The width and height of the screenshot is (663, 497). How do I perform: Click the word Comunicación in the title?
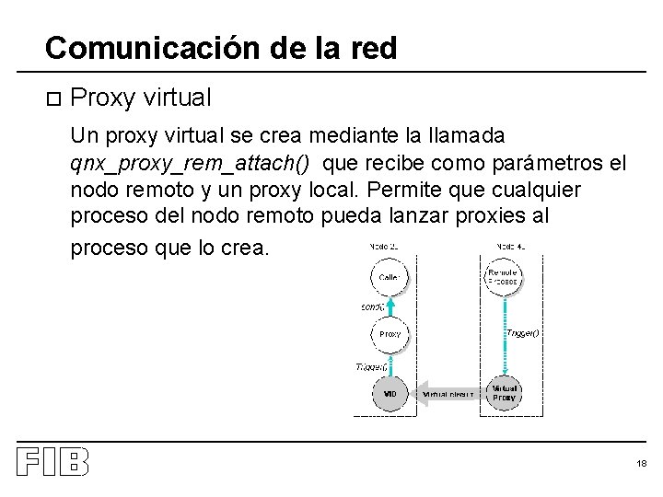coord(134,48)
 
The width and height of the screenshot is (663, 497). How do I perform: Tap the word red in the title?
coord(372,48)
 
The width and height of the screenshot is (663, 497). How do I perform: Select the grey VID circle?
coord(391,394)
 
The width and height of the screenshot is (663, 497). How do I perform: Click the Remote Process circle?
coord(503,276)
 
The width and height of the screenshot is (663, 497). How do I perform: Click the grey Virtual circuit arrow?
coord(448,394)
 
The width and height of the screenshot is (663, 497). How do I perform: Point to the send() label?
coord(373,306)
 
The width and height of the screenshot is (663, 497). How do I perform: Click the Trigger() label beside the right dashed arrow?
coord(522,333)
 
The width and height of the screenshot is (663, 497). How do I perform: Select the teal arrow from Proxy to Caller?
coord(391,305)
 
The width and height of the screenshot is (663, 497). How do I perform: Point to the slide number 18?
coord(641,463)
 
